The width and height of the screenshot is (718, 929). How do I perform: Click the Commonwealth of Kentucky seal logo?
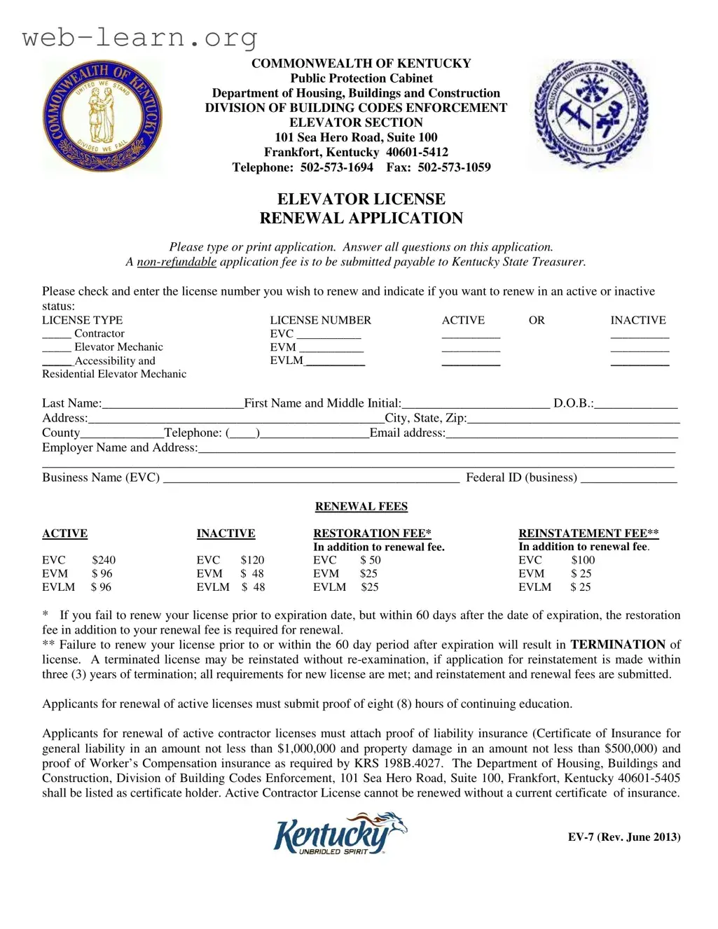(102, 116)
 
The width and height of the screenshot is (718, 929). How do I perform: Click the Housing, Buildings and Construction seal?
(591, 116)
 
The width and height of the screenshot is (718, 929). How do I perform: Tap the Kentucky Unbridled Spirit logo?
(340, 834)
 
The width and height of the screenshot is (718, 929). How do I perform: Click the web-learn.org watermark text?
(139, 36)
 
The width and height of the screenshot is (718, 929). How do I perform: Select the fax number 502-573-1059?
(454, 167)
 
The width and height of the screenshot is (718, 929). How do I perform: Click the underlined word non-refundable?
(177, 262)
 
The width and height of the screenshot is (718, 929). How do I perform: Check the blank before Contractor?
(56, 335)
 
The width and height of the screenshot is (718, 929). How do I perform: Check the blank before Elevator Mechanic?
(56, 348)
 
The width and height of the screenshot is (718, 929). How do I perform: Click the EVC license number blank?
(319, 335)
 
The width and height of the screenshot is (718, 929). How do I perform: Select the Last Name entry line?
(172, 404)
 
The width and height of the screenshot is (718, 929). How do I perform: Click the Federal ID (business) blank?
(628, 478)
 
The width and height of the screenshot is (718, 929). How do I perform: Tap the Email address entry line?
(561, 434)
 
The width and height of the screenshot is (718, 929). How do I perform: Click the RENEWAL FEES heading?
(361, 506)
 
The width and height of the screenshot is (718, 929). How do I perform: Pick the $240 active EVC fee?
(104, 560)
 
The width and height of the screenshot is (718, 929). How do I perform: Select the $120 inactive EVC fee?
(252, 560)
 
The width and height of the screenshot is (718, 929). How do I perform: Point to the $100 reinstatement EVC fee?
(583, 560)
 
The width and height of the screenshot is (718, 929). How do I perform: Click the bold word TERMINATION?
(618, 644)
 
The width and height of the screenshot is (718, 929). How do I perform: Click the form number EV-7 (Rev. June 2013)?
(623, 837)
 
